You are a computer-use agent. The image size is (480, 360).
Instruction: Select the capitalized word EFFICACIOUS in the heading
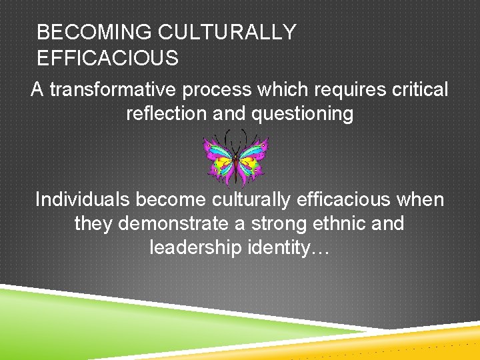[108, 59]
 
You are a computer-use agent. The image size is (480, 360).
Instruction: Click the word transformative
[116, 90]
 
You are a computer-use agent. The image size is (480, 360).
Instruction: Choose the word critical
[417, 90]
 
